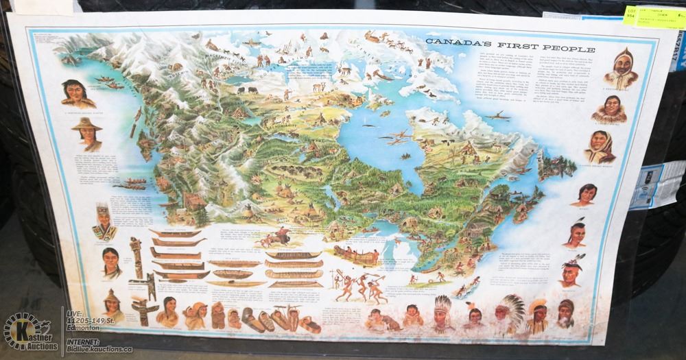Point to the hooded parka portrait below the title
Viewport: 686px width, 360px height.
point(622,69)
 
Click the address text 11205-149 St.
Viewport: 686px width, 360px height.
point(95,320)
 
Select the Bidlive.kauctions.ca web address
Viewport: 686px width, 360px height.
point(97,349)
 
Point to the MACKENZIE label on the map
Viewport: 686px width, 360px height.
point(223,51)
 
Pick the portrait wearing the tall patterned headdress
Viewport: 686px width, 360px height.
point(102,221)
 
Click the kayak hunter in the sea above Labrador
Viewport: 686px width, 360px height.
point(499,115)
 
